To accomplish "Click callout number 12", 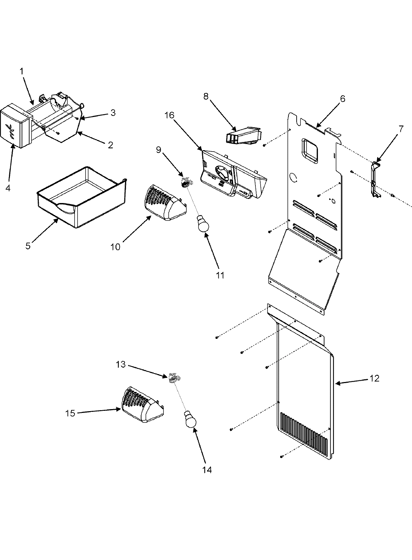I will pos(375,378).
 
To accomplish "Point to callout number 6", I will pos(342,99).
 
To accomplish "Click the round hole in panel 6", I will pos(294,177).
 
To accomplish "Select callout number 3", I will pos(112,112).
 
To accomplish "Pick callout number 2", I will pos(110,145).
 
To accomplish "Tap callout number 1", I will pos(21,71).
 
